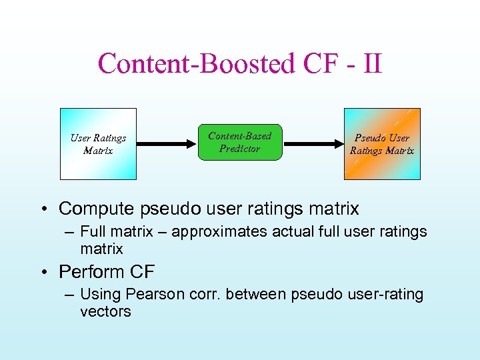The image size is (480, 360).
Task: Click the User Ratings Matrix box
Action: point(98,144)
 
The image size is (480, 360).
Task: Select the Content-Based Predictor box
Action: point(240,142)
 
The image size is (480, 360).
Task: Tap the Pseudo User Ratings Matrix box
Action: point(382,144)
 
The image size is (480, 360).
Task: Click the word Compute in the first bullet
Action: point(97,209)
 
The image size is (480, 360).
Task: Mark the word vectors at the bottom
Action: point(105,311)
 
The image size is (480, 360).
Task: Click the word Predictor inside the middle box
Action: point(239,149)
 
